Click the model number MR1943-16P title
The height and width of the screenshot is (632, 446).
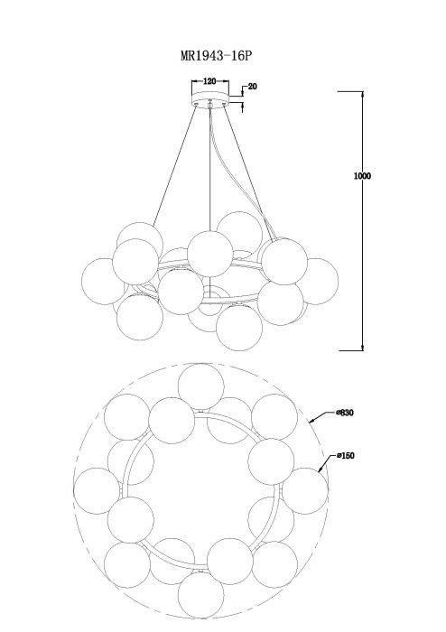[x=216, y=55]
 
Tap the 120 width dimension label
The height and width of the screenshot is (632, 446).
[x=209, y=81]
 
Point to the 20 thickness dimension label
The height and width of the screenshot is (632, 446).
[x=253, y=87]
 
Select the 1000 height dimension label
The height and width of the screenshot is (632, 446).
[x=362, y=176]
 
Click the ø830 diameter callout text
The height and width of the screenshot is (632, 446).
[x=345, y=413]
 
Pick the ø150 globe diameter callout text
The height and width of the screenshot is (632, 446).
[x=346, y=456]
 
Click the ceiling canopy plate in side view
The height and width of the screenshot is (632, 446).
[x=209, y=98]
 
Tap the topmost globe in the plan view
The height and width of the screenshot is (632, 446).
[x=200, y=387]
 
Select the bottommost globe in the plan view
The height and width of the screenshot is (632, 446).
[x=200, y=594]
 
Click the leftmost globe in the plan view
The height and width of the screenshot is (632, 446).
[x=97, y=490]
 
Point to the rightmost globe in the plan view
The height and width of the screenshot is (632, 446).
[x=305, y=490]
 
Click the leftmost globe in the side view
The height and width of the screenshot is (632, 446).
[x=104, y=281]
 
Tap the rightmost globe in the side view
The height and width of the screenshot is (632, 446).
[x=316, y=281]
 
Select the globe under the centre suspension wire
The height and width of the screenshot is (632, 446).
[x=209, y=254]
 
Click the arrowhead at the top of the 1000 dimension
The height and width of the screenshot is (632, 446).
[x=363, y=95]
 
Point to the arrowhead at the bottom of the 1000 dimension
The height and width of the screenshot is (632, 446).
[x=363, y=348]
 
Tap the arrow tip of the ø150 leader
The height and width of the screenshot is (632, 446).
[x=319, y=471]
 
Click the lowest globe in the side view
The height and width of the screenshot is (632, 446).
[x=239, y=328]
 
